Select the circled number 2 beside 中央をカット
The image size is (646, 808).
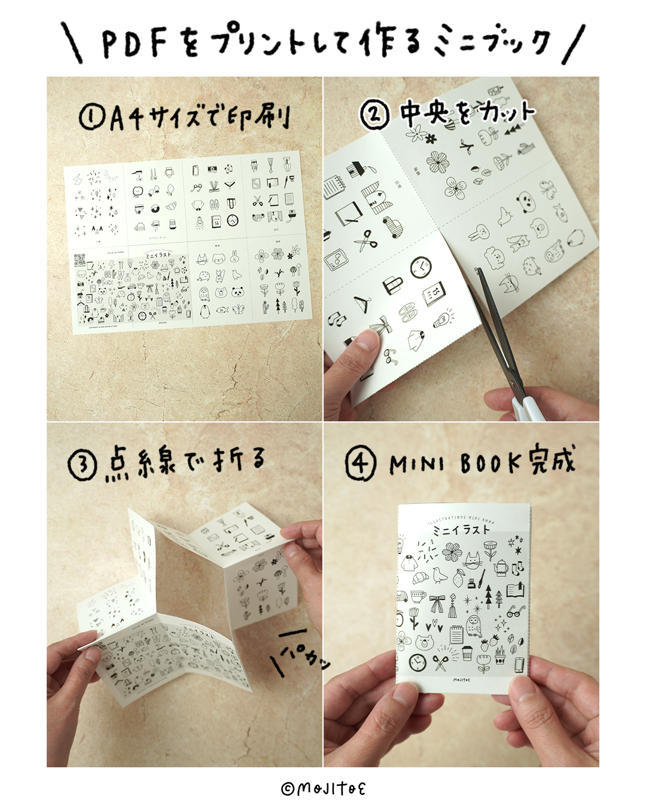(x=375, y=114)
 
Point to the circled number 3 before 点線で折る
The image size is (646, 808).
(x=82, y=466)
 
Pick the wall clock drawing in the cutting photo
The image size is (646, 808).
(x=421, y=268)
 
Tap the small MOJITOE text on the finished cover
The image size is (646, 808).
(x=462, y=679)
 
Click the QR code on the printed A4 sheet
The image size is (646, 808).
(x=80, y=260)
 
